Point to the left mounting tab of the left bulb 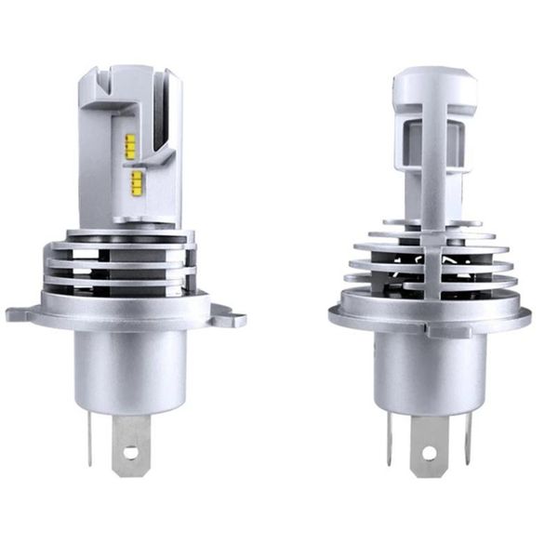(20, 312)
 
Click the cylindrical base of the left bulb (129, 372)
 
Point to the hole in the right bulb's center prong (430, 455)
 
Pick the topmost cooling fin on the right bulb (431, 223)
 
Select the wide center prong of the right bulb (430, 445)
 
